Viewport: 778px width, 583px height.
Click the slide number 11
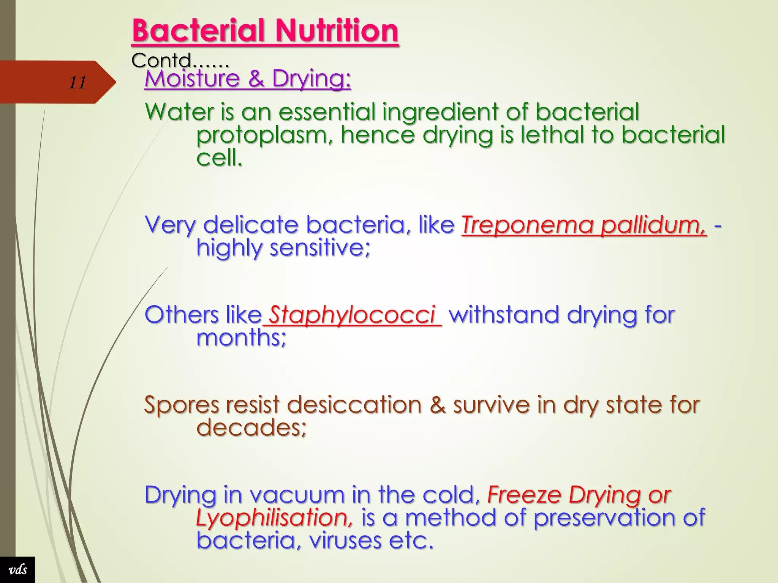[77, 82]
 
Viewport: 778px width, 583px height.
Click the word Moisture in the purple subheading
[192, 79]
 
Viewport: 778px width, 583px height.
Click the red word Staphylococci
[352, 315]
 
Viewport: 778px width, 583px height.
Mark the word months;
[241, 338]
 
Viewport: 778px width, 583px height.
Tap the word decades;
[251, 428]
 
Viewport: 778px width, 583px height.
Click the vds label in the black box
[17, 570]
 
